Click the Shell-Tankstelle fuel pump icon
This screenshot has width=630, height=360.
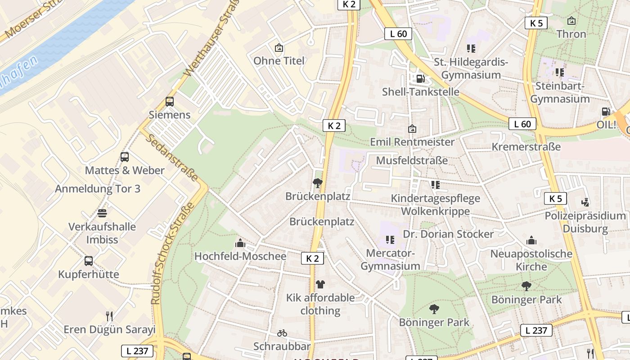(420, 78)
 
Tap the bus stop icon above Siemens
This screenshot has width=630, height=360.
(170, 102)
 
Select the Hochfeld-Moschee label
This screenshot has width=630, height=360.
(240, 256)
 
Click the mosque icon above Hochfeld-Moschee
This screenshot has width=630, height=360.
(240, 243)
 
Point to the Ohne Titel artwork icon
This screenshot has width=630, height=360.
(279, 48)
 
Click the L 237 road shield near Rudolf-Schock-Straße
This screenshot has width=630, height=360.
(137, 351)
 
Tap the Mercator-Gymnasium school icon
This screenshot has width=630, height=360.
(390, 240)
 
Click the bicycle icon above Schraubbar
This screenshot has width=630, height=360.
(282, 333)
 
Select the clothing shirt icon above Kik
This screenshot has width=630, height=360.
(320, 284)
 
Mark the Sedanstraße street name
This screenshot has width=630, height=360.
(171, 157)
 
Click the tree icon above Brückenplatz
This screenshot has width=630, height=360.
(318, 183)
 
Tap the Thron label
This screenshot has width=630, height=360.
(571, 34)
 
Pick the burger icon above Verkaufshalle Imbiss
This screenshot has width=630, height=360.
(102, 213)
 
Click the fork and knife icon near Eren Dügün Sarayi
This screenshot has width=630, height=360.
(109, 316)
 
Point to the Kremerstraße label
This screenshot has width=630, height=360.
(526, 147)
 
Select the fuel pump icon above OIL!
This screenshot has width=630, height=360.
(606, 112)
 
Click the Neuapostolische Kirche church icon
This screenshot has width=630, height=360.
(531, 240)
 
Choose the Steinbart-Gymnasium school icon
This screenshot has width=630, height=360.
(559, 72)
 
